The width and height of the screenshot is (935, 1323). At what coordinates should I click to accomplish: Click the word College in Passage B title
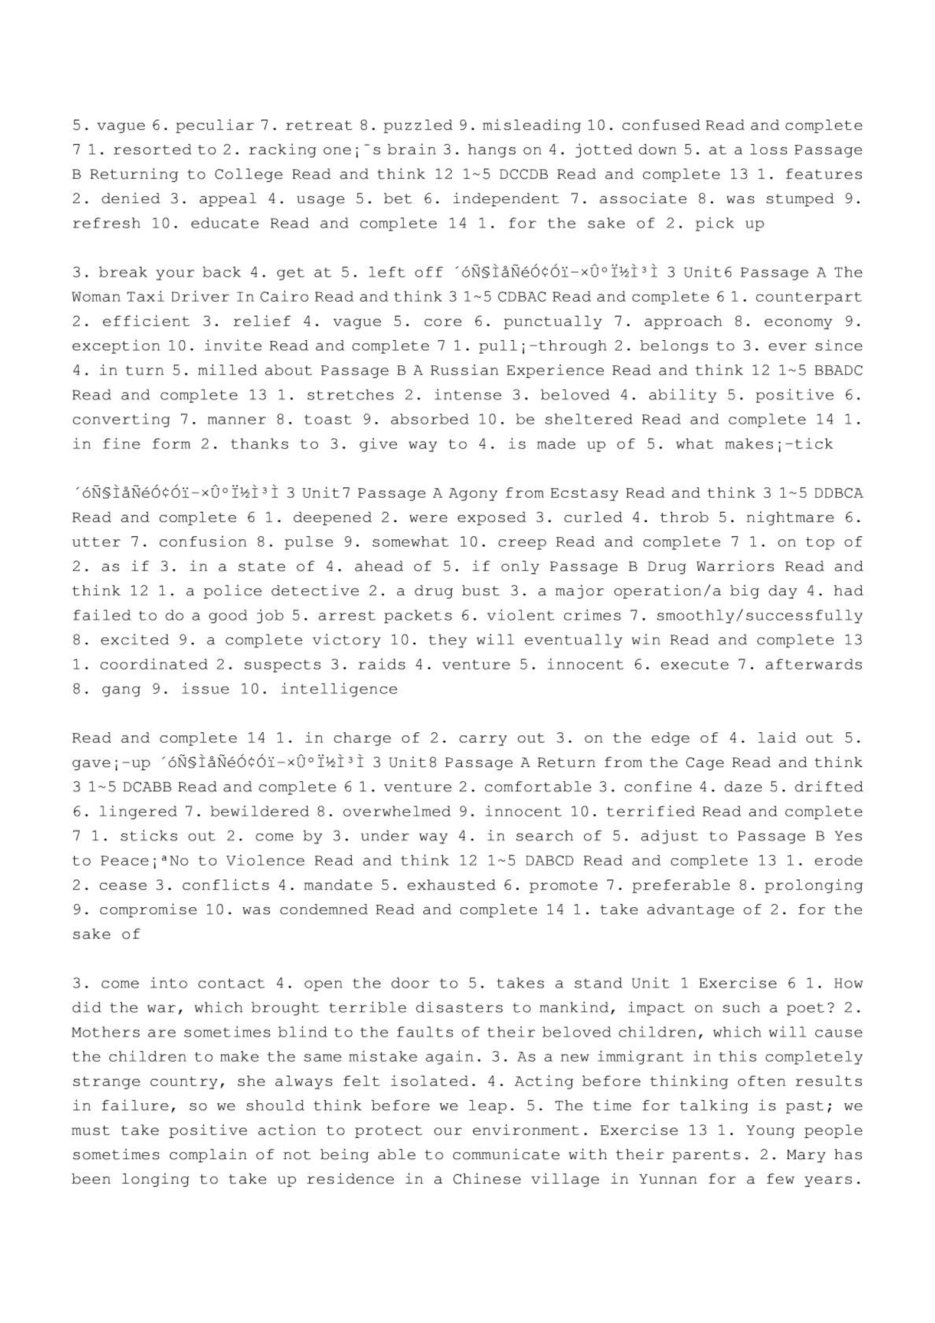click(249, 175)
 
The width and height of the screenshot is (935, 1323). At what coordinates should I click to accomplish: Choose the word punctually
click(552, 322)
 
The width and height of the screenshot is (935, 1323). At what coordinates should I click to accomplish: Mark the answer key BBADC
click(838, 371)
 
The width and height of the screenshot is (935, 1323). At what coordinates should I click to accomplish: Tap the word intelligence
click(339, 689)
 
